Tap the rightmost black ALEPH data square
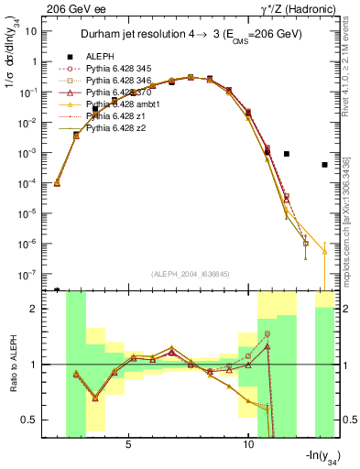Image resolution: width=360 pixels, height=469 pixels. coord(325,165)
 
